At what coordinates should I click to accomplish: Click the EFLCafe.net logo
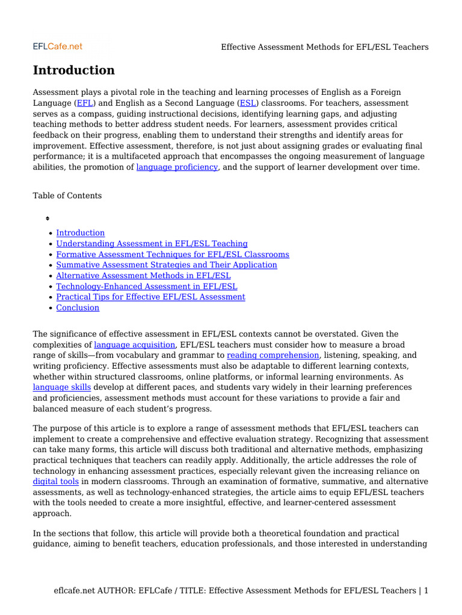coord(57,46)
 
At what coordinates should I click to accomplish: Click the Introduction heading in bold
coord(73,70)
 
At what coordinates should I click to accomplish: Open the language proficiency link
coord(177,167)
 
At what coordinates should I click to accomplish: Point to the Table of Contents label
coord(67,196)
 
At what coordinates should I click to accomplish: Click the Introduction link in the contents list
coord(80,233)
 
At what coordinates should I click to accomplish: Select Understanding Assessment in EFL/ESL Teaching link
coord(152,244)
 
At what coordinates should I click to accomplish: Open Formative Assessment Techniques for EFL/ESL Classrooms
coord(173,255)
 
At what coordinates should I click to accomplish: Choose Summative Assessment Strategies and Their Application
coord(167,265)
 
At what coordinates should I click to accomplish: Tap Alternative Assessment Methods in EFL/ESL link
coord(143,276)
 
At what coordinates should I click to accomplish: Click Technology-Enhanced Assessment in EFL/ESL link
coord(147,286)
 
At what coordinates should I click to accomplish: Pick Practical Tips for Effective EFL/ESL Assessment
coord(150,297)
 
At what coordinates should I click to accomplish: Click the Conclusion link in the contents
coord(78,307)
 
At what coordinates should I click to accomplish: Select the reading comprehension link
coord(273,356)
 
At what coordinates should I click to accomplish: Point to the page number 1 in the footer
coord(426,591)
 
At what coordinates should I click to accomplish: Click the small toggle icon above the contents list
coord(48,219)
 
